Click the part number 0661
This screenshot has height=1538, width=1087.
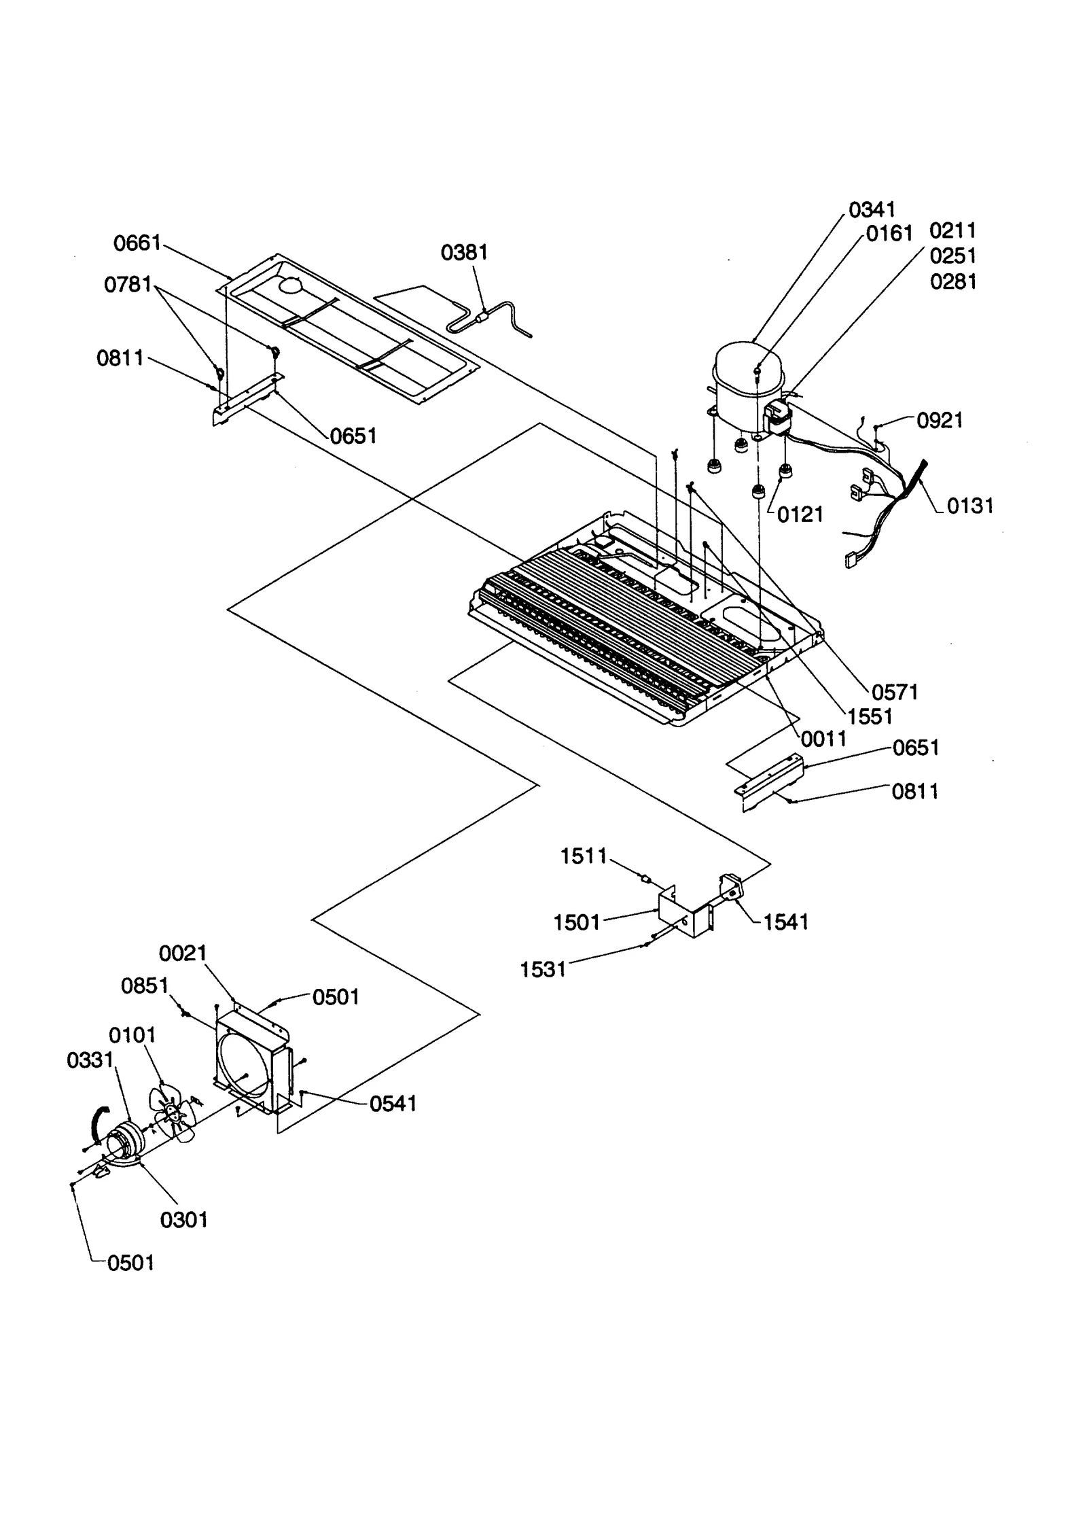click(137, 243)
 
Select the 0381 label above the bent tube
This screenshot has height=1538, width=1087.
click(464, 253)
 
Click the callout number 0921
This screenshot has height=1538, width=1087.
click(940, 421)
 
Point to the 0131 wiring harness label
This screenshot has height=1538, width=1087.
click(969, 506)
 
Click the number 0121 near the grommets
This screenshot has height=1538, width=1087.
click(800, 514)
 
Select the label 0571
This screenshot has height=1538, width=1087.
click(894, 693)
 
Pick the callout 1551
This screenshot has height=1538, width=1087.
click(870, 716)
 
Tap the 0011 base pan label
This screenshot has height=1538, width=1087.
click(823, 739)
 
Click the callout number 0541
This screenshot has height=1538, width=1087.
click(393, 1104)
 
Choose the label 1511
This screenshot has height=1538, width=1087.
click(584, 856)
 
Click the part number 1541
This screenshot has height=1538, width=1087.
click(785, 922)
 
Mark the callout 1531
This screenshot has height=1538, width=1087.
click(543, 970)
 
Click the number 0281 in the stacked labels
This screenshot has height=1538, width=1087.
click(953, 281)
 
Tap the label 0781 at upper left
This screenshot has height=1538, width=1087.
click(128, 285)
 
